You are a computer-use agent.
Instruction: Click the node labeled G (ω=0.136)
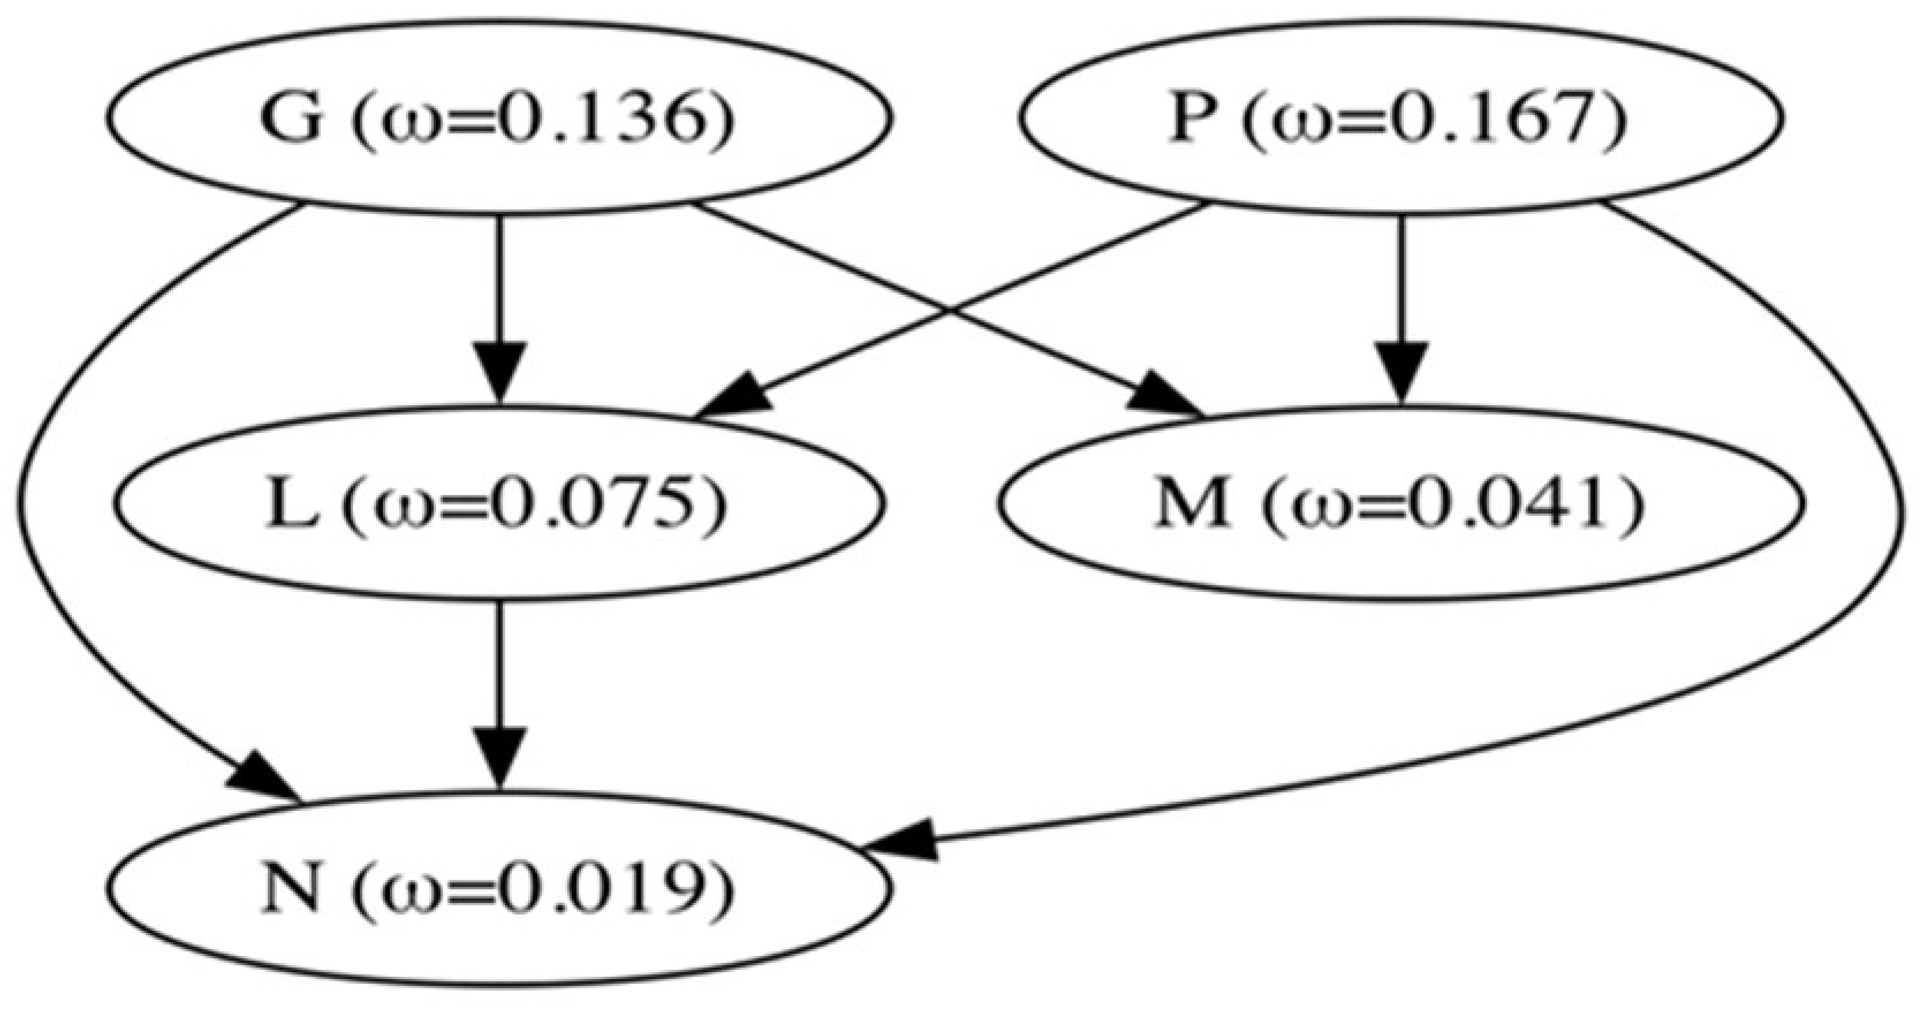point(498,118)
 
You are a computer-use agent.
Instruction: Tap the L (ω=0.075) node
point(498,503)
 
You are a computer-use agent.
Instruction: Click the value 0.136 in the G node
point(614,118)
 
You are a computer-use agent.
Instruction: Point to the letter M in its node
point(1191,503)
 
